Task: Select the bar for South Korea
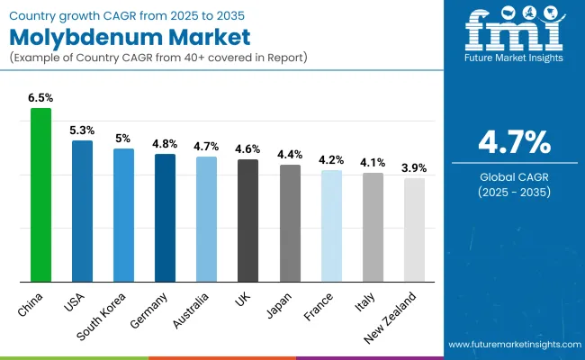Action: point(123,215)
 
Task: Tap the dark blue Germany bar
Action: point(165,218)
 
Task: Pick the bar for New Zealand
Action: point(415,230)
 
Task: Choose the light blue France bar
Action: point(331,226)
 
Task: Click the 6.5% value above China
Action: point(41,97)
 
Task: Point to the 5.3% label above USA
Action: point(82,130)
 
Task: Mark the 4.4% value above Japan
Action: point(290,154)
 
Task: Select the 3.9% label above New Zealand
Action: point(415,167)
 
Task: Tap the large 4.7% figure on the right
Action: point(513,143)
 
